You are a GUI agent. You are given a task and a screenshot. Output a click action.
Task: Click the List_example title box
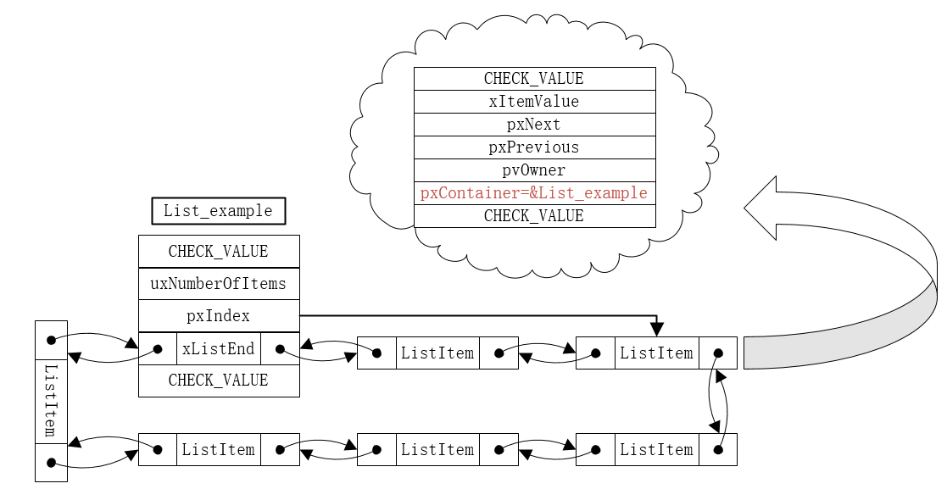pos(218,211)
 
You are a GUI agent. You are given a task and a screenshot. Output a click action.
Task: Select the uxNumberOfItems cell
pos(219,284)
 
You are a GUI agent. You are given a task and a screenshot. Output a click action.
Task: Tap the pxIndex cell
pos(219,316)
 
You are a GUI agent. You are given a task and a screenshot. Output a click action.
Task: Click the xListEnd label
pos(218,348)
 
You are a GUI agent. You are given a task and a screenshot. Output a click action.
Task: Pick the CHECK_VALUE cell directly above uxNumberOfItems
pos(219,252)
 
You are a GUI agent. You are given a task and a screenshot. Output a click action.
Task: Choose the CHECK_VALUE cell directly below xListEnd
pos(219,381)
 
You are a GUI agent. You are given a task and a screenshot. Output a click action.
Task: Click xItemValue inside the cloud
pos(534,102)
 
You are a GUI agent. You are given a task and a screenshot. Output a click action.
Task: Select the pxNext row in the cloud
pos(534,125)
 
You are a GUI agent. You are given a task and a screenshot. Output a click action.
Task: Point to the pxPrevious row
pos(534,147)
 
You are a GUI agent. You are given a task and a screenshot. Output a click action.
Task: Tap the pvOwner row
pos(534,170)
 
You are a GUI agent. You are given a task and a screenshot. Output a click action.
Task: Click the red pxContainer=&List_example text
pos(534,193)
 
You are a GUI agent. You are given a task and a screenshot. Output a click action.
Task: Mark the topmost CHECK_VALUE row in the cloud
pos(534,79)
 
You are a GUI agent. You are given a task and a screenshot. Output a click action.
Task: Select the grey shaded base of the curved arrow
pos(839,347)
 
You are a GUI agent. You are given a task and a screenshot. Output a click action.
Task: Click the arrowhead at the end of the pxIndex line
pos(656,330)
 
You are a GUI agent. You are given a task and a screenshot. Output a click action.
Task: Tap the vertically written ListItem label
pos(51,400)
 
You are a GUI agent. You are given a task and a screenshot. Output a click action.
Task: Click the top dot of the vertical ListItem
pos(51,340)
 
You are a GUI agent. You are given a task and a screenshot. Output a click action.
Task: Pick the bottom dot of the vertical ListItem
pos(51,463)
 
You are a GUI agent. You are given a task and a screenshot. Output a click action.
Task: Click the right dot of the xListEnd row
pos(279,348)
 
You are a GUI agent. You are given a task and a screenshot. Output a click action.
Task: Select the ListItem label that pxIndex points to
pos(656,353)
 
